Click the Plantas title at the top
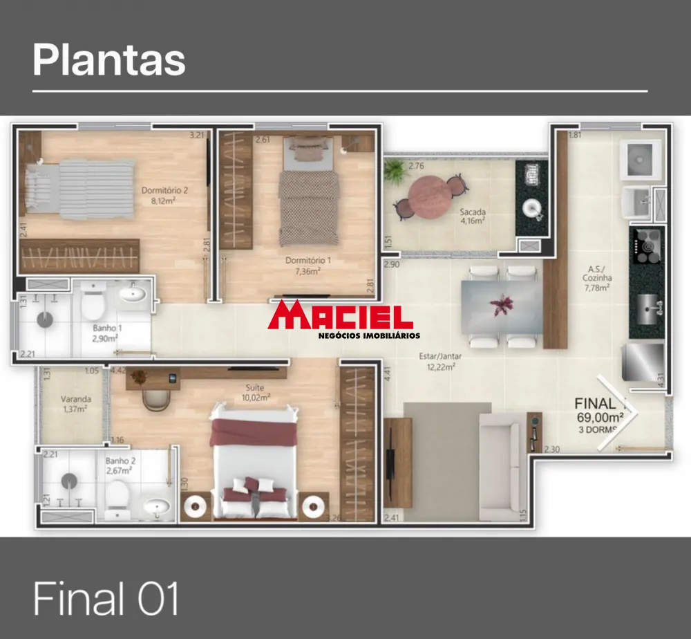pos(109,60)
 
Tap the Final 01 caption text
pos(106,598)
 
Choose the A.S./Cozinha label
pos(597,278)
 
